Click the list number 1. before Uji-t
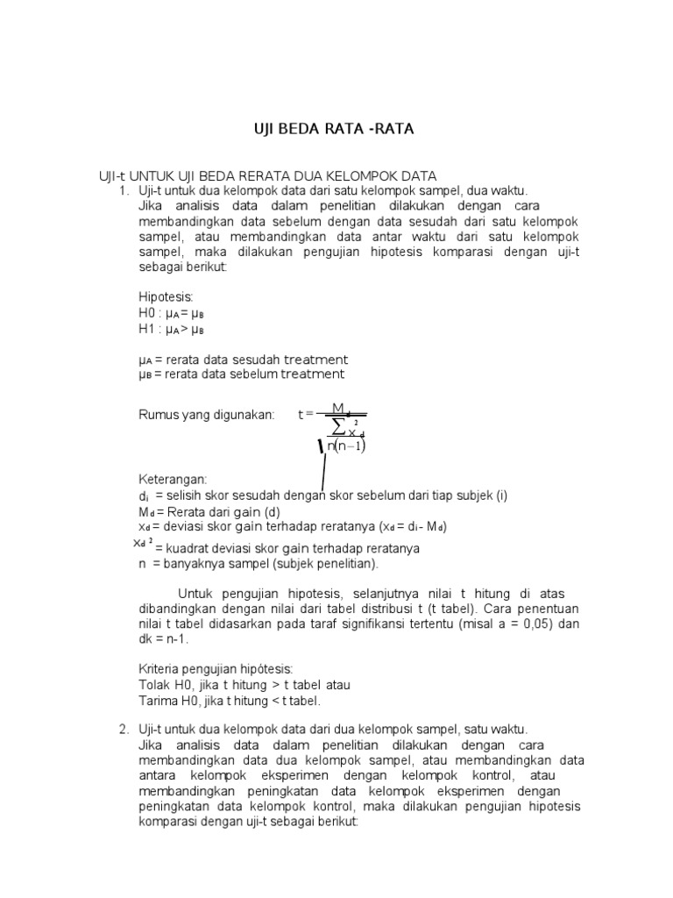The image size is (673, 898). tap(125, 190)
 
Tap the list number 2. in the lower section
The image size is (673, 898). tap(124, 729)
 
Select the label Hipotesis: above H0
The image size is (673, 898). tap(166, 297)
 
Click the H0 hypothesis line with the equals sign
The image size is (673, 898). tap(171, 313)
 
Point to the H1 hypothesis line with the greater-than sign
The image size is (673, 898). tap(171, 329)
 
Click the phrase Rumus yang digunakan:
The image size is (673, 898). tap(206, 414)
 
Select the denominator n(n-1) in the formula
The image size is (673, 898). tap(345, 445)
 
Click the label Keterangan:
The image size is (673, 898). tap(173, 480)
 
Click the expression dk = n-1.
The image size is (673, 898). tap(163, 639)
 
